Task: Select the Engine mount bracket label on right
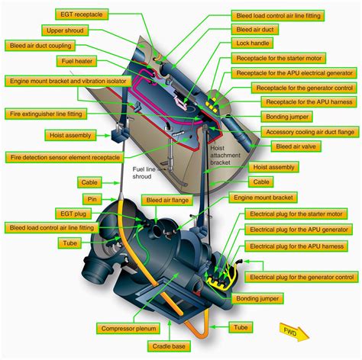coord(263,197)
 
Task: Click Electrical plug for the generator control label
coord(302,276)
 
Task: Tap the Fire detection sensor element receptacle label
coord(65,157)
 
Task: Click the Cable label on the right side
coord(261,182)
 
